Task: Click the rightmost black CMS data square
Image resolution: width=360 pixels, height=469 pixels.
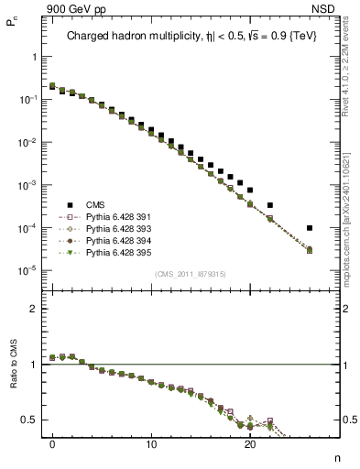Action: [x=310, y=228]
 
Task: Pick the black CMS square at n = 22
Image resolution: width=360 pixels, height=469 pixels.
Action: [x=270, y=205]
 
